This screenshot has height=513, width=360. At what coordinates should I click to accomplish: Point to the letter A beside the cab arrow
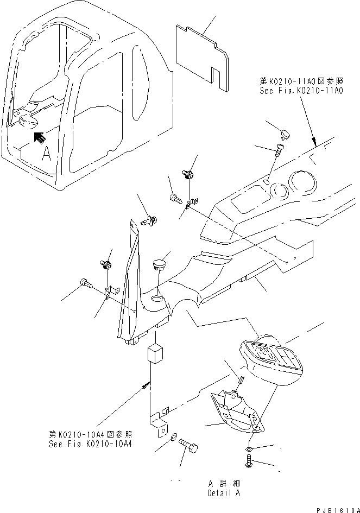(x=47, y=154)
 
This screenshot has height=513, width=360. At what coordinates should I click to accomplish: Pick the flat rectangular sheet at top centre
(x=202, y=53)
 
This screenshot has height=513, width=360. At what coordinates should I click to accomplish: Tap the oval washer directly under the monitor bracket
(x=248, y=449)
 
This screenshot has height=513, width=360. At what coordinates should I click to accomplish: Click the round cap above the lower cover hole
(x=159, y=264)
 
